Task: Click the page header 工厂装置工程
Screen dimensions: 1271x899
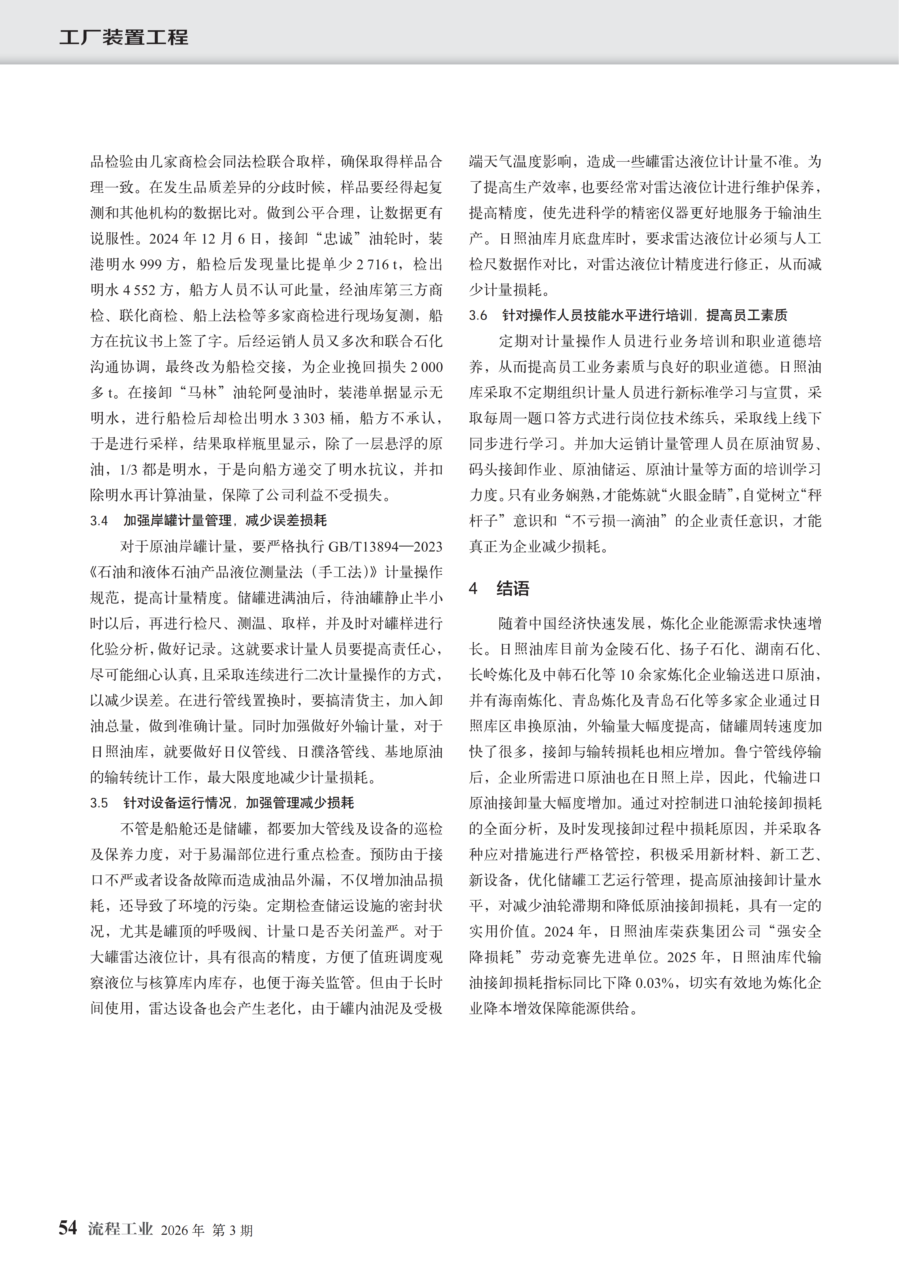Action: click(123, 38)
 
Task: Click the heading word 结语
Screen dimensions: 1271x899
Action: click(513, 588)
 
